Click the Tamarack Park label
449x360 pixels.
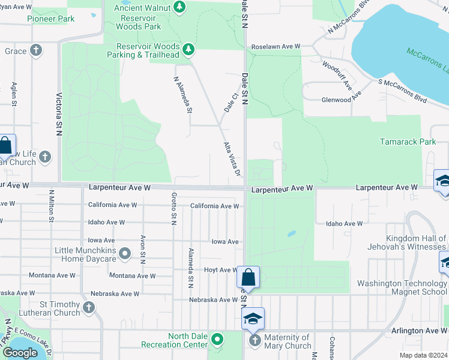point(408,142)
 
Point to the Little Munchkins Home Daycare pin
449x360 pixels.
point(125,254)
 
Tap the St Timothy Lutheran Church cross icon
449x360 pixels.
point(89,308)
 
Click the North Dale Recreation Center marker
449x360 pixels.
point(217,340)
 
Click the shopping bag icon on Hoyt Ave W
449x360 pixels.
point(248,278)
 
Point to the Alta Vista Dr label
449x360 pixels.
point(232,159)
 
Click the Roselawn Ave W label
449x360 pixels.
point(276,46)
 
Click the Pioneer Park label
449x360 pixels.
point(51,19)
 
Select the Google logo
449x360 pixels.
point(20,353)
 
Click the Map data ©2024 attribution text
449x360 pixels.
point(423,355)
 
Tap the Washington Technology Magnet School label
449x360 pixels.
point(402,287)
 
